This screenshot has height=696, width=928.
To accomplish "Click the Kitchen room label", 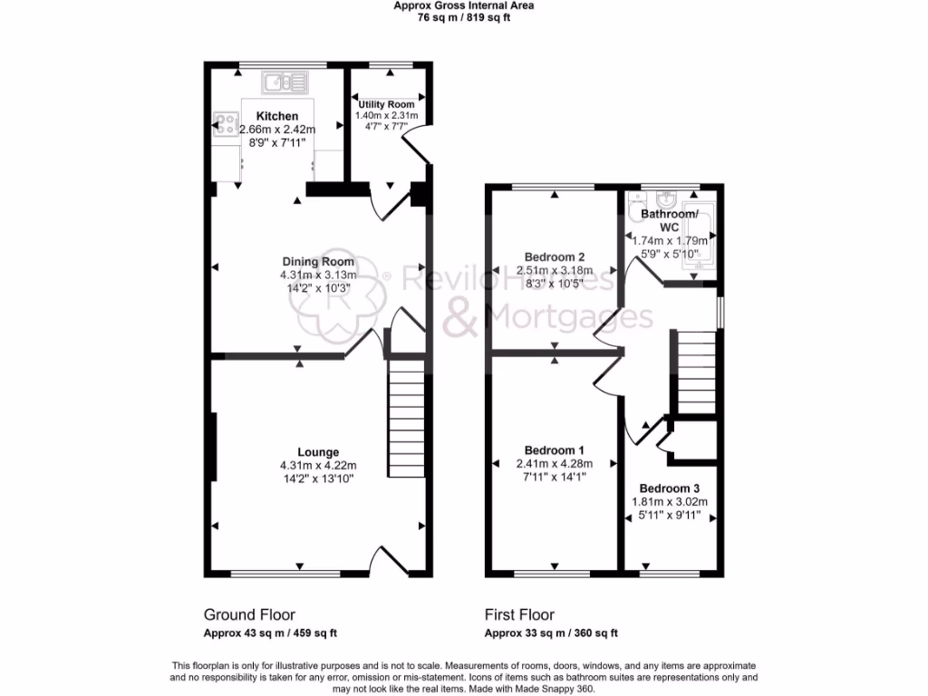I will [276, 116].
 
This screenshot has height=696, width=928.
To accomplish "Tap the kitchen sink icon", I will [285, 84].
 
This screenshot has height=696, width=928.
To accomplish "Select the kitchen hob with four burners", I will [225, 123].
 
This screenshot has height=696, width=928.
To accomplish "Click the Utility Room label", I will [386, 104].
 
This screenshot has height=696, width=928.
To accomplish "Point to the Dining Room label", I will [318, 262].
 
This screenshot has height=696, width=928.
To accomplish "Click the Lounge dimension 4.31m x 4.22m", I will [318, 466].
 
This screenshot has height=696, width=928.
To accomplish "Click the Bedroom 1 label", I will [554, 450].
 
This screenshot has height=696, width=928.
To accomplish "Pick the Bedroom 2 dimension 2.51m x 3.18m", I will [554, 270].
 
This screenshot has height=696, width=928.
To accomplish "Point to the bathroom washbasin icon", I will [666, 198].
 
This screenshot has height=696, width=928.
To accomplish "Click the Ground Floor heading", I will [249, 614].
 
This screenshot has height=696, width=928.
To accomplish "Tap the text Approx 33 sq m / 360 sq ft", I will [551, 633].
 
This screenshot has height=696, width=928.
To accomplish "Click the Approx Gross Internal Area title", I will [463, 5].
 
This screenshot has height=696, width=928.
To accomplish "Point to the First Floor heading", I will [519, 614].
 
